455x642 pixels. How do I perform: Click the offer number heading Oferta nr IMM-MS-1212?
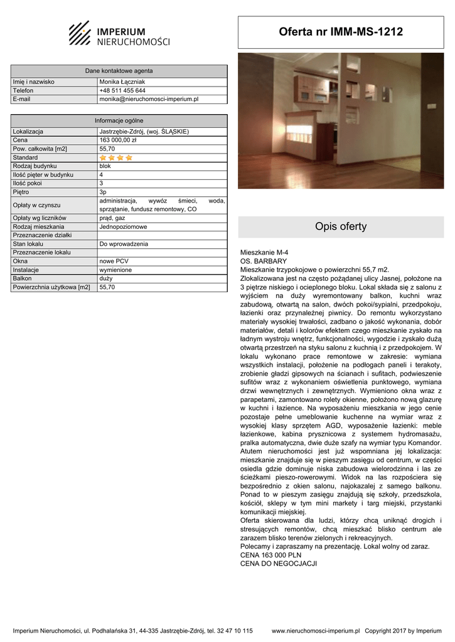coord(341,32)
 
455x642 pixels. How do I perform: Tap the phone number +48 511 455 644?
coord(122,90)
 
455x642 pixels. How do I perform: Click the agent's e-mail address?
coord(149,99)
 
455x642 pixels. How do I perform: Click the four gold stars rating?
coord(116,158)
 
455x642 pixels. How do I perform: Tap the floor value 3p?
coord(104,192)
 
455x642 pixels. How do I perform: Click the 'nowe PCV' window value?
coord(114,261)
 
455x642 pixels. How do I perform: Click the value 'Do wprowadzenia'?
coord(124,244)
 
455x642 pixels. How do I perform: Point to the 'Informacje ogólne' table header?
coord(119,120)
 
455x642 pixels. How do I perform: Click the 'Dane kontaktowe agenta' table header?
coord(119,71)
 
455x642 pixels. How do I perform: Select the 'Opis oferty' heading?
coord(341,227)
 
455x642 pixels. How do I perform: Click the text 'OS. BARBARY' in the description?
coord(264,261)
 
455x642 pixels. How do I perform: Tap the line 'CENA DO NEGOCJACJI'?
coord(279,564)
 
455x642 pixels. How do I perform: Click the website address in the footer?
coord(316,631)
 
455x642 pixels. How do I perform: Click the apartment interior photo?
coord(341,120)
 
